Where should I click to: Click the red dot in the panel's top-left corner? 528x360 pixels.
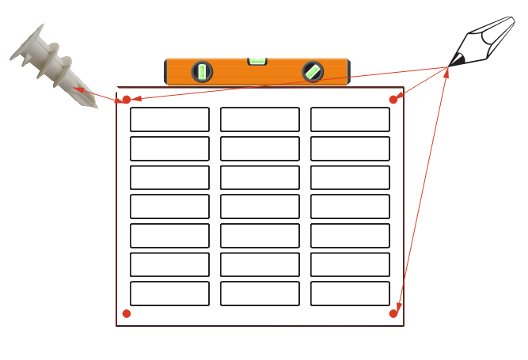[x=127, y=100]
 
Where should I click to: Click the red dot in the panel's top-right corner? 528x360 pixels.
[x=393, y=100]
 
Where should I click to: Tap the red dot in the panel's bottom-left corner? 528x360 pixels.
[x=127, y=314]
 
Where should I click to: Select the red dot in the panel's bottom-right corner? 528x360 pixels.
[x=393, y=314]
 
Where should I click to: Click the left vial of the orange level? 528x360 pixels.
[x=203, y=72]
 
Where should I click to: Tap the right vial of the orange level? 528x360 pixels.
[x=313, y=72]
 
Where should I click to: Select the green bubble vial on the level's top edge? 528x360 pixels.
[x=258, y=59]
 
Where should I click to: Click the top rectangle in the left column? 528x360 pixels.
[x=169, y=119]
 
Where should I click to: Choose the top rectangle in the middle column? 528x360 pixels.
[x=260, y=119]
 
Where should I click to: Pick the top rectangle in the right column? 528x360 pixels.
[x=350, y=119]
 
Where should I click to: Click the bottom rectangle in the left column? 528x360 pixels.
[x=169, y=294]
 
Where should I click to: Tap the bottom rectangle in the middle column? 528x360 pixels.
[x=260, y=294]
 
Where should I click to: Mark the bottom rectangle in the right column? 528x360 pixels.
[x=350, y=294]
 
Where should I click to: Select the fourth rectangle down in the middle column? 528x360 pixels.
[x=260, y=207]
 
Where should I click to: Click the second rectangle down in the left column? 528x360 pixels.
[x=169, y=149]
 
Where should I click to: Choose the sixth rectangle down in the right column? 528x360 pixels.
[x=350, y=264]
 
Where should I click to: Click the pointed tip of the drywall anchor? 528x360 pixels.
[x=94, y=104]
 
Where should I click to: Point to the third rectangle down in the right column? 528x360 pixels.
[x=350, y=177]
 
